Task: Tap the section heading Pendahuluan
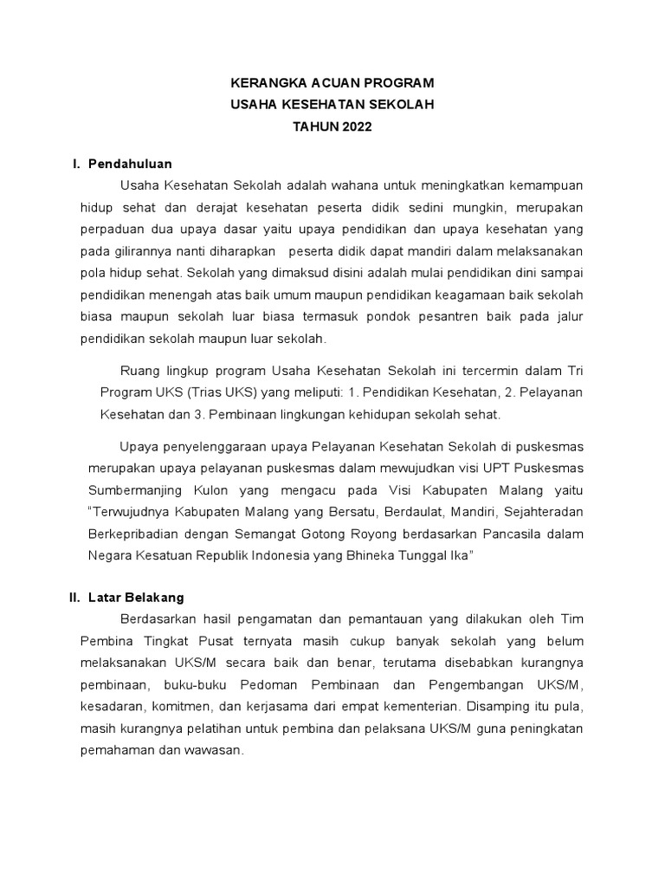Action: coord(131,164)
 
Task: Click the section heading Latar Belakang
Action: coord(136,598)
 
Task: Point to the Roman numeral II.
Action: coord(74,598)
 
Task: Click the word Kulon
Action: coord(198,490)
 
